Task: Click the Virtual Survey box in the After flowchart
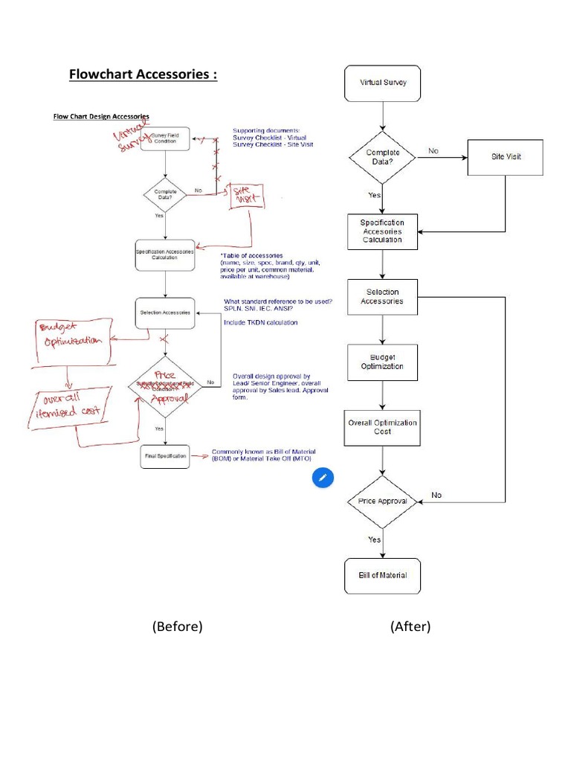(x=383, y=83)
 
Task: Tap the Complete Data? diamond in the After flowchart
(x=383, y=157)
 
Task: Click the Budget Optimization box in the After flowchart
(x=382, y=362)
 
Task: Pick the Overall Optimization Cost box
(x=383, y=427)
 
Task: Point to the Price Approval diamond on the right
(x=383, y=501)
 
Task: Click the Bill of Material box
(x=383, y=575)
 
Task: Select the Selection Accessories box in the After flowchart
(x=383, y=297)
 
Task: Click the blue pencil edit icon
(x=322, y=478)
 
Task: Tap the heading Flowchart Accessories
(x=143, y=74)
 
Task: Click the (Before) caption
(x=177, y=627)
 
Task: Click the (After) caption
(x=410, y=627)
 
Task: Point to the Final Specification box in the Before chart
(x=165, y=455)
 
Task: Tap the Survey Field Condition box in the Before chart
(x=165, y=138)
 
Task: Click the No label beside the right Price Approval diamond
(x=436, y=495)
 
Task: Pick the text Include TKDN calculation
(x=260, y=322)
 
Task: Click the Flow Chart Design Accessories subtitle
(x=100, y=116)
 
